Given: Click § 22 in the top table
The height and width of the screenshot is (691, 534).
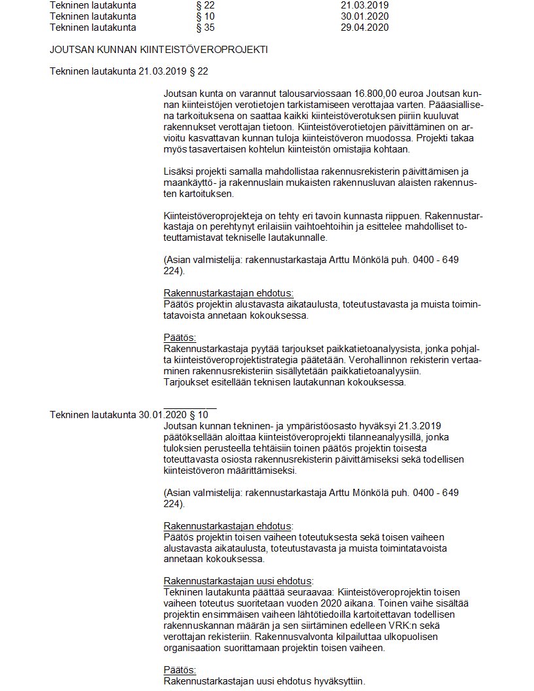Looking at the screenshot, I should click(205, 5).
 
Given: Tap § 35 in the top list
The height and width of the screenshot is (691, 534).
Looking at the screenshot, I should click(205, 27).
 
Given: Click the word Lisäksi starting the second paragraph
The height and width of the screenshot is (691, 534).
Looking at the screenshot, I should click(178, 171).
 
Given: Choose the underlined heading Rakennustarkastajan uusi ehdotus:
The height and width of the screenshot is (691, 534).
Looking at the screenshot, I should click(238, 580).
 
